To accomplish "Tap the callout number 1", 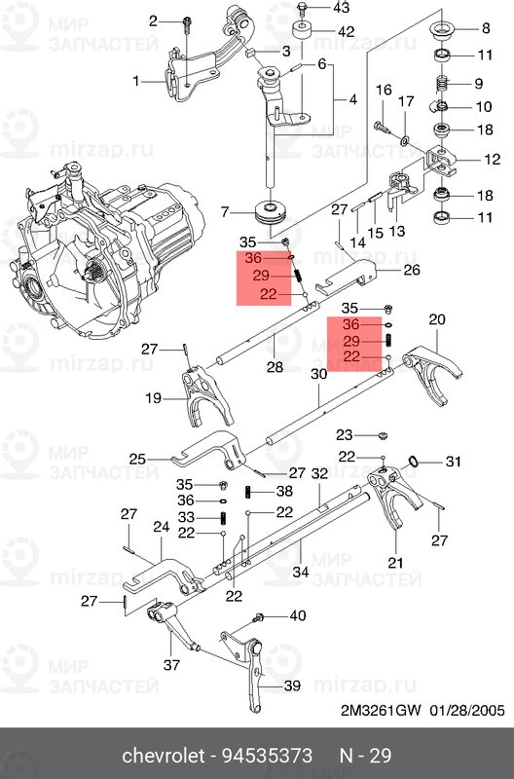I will coord(137,81).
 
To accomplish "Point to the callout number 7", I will coord(225,211).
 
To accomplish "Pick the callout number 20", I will coord(436,319).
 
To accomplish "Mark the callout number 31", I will coord(451,462).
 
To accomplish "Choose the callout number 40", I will coord(297,614).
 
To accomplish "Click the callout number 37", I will coord(172,665).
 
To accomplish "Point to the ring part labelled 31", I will coord(414,461).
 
